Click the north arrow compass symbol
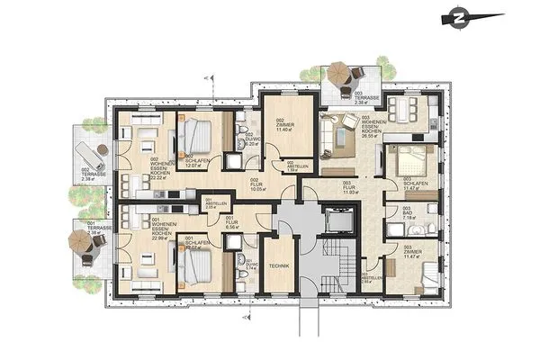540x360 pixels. [461, 16]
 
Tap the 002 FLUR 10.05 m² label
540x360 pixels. [259, 184]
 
